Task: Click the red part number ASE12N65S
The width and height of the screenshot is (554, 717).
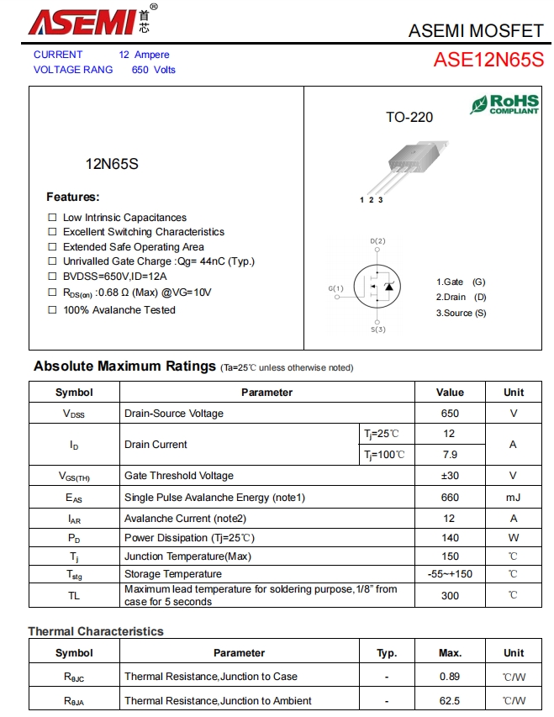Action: (488, 61)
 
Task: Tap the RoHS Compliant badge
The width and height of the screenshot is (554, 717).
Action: (504, 104)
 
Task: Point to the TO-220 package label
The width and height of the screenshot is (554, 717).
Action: (409, 118)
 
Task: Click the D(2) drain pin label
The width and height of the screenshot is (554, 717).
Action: (377, 241)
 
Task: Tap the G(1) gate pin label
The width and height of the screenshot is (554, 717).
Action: (335, 289)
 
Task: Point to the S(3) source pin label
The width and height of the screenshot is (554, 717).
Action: (377, 330)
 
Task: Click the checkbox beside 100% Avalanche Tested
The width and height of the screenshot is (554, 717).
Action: (52, 310)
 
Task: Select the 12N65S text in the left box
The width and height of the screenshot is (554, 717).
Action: (112, 164)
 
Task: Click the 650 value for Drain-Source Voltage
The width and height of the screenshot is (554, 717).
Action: (450, 414)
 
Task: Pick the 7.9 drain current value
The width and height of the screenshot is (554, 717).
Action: (450, 455)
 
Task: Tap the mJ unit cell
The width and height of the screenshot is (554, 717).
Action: (513, 498)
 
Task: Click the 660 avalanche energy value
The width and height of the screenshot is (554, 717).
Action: (450, 498)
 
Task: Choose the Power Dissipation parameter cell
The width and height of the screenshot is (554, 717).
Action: (189, 538)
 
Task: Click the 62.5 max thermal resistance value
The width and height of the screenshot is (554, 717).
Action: (450, 701)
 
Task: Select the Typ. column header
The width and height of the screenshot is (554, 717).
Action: (387, 653)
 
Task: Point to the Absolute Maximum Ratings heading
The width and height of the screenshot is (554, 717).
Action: (124, 366)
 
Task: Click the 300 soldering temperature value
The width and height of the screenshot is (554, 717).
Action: (450, 595)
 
